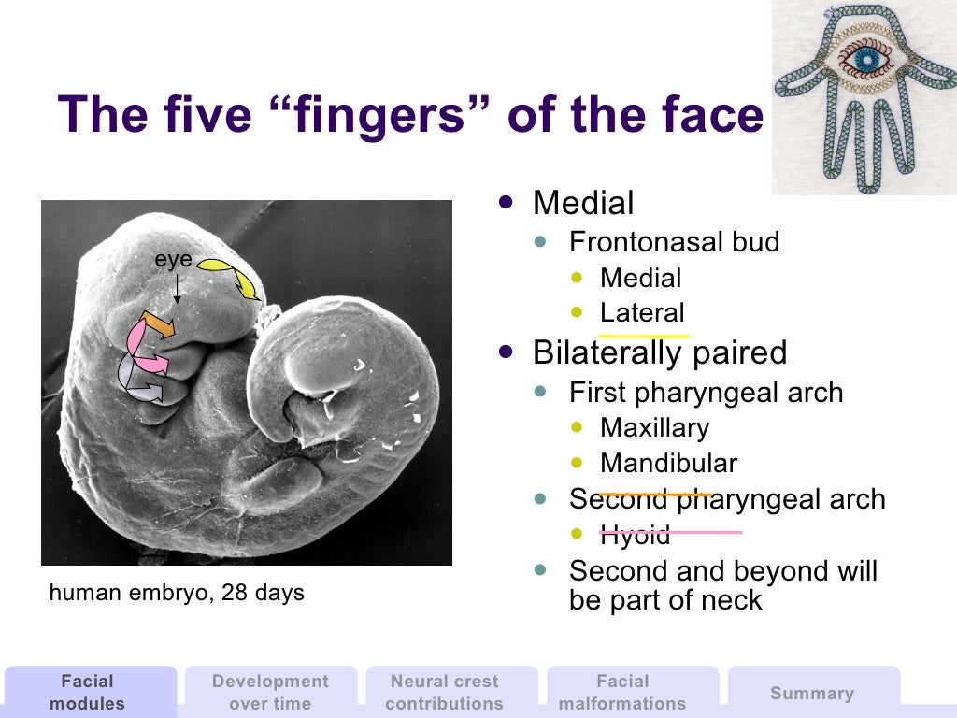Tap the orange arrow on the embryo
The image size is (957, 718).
point(157,324)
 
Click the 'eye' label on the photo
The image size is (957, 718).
point(173,261)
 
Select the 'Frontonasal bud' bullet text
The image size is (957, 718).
point(674,242)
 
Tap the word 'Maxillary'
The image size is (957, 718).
point(654,428)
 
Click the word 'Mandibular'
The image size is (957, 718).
point(668,464)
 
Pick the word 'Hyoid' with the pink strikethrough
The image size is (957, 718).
point(635,536)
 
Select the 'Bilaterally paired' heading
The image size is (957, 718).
point(659,352)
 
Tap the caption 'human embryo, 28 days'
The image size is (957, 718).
point(177,593)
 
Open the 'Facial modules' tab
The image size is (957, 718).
point(87,692)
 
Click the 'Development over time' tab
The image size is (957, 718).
point(270,692)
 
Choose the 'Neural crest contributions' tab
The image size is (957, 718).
point(444,692)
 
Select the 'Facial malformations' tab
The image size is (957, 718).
point(622,692)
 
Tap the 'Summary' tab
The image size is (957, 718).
point(811,693)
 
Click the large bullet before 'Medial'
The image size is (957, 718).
point(507,201)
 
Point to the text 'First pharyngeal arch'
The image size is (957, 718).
point(706,393)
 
